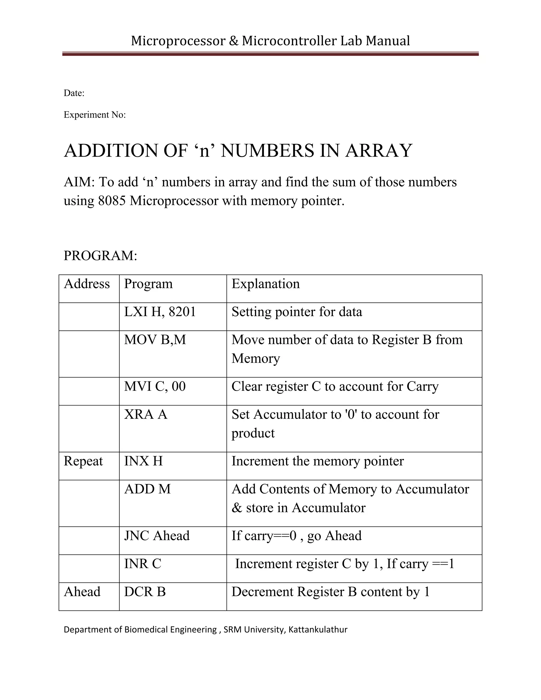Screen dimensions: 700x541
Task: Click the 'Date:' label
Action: coord(74,93)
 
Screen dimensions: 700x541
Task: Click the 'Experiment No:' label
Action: coord(95,115)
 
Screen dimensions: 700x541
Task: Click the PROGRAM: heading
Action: coord(100,256)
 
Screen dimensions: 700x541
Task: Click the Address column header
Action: coord(87,284)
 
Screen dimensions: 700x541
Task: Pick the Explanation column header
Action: coord(266,284)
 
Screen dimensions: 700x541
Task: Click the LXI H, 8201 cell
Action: coord(160,312)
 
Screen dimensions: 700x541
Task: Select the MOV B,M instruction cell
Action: coord(155,340)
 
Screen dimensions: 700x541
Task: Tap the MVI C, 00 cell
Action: coord(155,386)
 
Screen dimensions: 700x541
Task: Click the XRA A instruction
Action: coord(146,415)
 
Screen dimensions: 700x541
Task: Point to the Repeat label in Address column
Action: coord(83,461)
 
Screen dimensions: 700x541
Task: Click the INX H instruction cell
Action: coord(144,461)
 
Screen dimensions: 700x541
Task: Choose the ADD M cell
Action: coord(147,489)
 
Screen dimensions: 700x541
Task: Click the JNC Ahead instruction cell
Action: coord(157,536)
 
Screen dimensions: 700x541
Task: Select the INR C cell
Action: coord(143,564)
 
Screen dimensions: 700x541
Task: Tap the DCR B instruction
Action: coord(145,592)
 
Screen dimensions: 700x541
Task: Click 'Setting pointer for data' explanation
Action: coord(297,312)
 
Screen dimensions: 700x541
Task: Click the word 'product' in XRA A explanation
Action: coord(253,433)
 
